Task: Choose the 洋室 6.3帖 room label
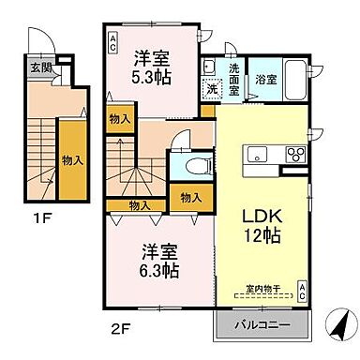click(x=159, y=261)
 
